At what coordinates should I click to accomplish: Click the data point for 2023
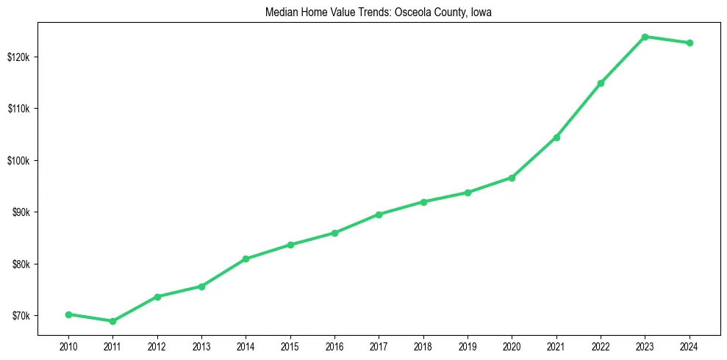pyautogui.click(x=645, y=37)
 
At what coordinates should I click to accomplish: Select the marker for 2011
pyautogui.click(x=112, y=321)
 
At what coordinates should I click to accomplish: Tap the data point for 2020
pyautogui.click(x=512, y=178)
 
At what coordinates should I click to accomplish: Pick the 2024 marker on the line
pyautogui.click(x=690, y=43)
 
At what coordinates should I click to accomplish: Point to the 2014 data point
pyautogui.click(x=246, y=259)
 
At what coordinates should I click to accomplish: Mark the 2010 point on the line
pyautogui.click(x=68, y=314)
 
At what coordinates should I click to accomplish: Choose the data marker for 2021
pyautogui.click(x=556, y=137)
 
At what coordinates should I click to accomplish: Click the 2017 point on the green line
pyautogui.click(x=379, y=215)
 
